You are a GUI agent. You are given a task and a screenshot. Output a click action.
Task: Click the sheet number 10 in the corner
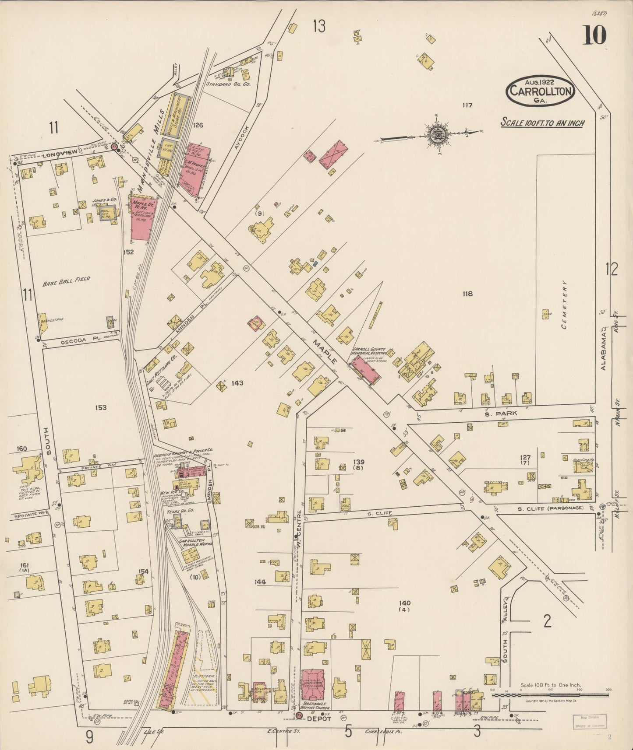594,35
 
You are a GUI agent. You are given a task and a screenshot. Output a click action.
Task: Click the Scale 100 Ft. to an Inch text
542,123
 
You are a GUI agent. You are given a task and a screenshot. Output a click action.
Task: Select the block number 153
100,408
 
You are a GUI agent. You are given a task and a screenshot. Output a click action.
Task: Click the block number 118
467,294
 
